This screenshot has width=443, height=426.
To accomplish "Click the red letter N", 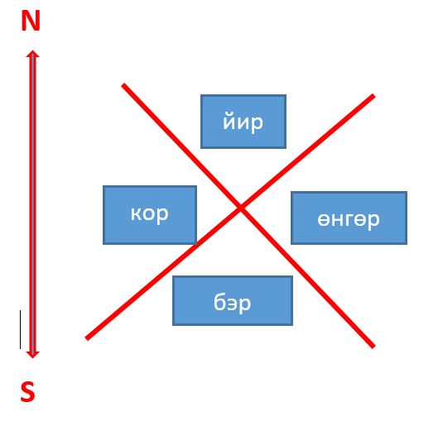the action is click(x=31, y=21).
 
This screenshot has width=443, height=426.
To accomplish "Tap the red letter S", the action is click(x=27, y=391).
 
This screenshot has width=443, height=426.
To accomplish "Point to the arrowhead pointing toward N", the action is click(x=33, y=54).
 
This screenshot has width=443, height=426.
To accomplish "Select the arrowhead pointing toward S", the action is click(x=33, y=355).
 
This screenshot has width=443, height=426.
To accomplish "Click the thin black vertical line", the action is click(x=20, y=329).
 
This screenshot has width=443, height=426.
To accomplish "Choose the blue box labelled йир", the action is click(x=243, y=122).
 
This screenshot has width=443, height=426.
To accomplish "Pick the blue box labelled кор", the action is click(x=150, y=215).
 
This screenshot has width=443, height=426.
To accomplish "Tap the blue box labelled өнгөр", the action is click(x=349, y=218).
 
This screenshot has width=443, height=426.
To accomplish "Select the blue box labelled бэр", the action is click(x=233, y=300).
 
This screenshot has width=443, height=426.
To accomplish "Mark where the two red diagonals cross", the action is click(x=241, y=208).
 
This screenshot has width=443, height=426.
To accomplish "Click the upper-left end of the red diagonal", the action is click(x=123, y=84).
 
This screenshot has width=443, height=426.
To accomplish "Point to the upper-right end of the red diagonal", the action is click(x=373, y=96).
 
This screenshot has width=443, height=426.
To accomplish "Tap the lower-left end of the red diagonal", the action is click(x=87, y=338).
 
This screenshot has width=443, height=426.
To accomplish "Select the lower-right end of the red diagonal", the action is click(x=373, y=347).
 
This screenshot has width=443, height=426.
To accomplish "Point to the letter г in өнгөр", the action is click(x=349, y=220).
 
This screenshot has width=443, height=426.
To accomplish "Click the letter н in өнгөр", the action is click(x=337, y=220).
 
